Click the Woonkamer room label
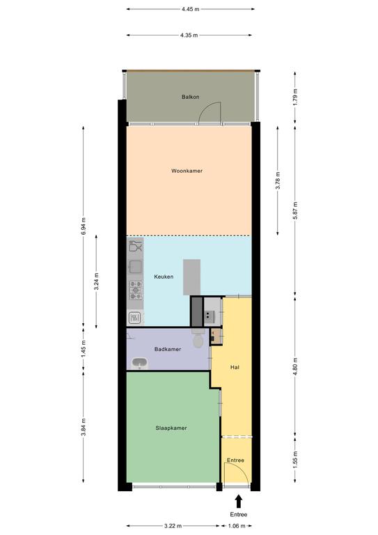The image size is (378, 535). point(187,171)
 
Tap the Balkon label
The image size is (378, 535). point(190,97)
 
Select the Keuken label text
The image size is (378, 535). point(164,277)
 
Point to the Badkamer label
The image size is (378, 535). point(168,349)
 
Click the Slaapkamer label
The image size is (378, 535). point(171,428)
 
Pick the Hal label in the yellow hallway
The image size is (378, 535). point(235,367)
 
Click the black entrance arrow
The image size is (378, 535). point(239,502)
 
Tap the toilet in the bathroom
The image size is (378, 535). point(198,339)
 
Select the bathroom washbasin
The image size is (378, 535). point(139,364)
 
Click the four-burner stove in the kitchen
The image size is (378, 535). point(135,290)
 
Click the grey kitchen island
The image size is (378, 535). point(191,277)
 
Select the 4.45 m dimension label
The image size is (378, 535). point(190,9)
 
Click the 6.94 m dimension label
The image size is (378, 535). point(84,226)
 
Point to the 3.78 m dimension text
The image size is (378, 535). point(278,180)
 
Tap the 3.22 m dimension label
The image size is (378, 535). point(173,526)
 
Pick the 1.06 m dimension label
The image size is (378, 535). point(236,526)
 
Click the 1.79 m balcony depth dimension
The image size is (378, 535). point(295,97)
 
